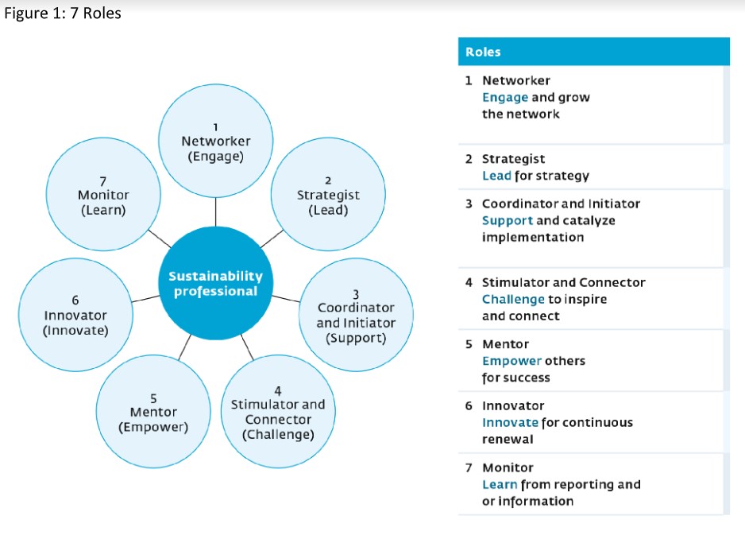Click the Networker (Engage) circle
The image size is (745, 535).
click(215, 140)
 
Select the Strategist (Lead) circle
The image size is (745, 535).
click(327, 196)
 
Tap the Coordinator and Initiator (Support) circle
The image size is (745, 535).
click(355, 316)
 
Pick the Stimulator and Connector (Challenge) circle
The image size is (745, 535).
click(277, 412)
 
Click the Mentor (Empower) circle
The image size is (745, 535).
click(153, 412)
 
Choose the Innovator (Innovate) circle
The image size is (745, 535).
click(75, 316)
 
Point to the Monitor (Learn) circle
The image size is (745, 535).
click(103, 196)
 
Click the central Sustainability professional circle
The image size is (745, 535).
click(215, 283)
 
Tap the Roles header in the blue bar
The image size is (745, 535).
click(483, 52)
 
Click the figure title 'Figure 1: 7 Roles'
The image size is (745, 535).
click(63, 14)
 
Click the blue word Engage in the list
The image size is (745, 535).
click(504, 97)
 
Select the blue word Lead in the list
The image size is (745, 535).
click(496, 176)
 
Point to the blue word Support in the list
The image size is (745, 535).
click(508, 220)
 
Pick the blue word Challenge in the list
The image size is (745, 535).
click(513, 299)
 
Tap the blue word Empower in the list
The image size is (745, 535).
click(511, 361)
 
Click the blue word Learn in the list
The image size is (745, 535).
click(500, 484)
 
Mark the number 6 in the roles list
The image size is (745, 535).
click(469, 405)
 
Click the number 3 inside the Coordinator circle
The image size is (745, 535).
click(356, 295)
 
